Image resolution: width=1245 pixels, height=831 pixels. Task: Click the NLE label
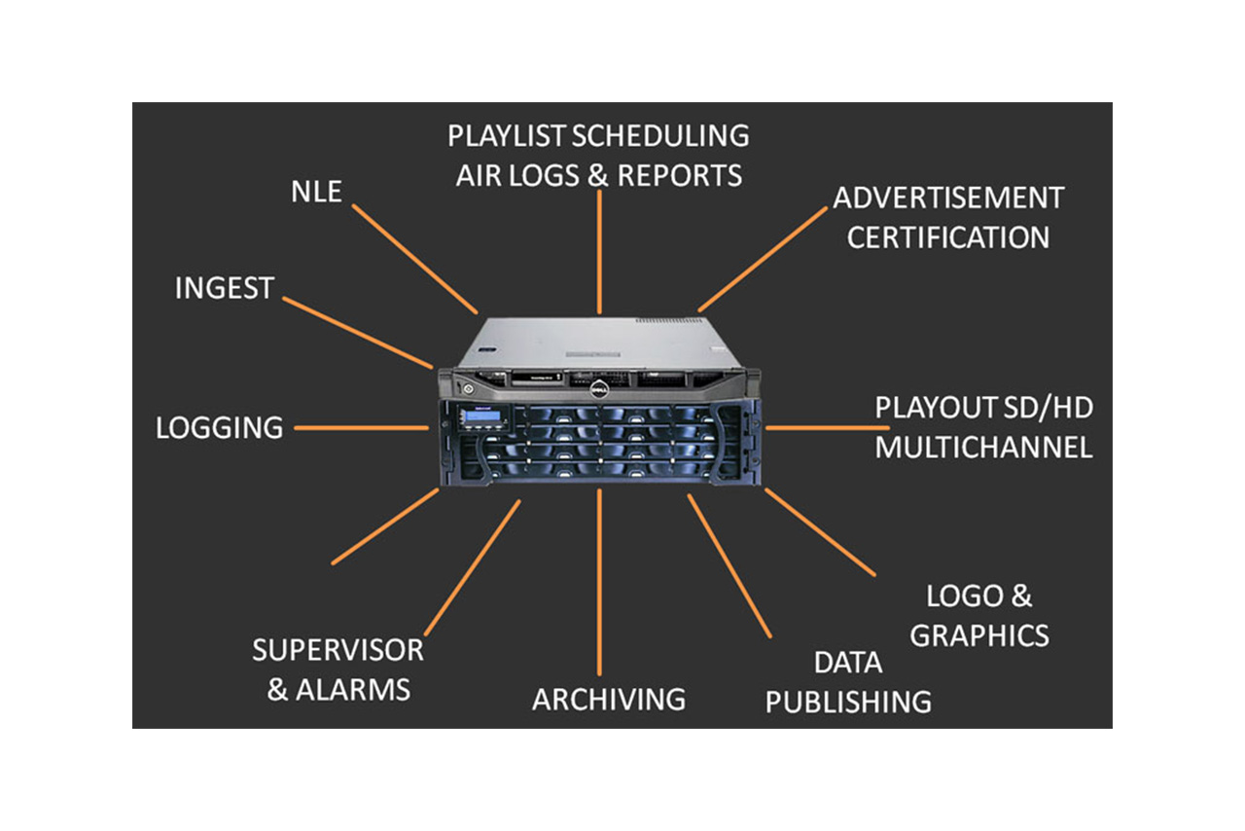click(316, 192)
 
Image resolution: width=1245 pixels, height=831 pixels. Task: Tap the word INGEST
click(225, 288)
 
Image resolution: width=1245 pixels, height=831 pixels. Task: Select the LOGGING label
click(220, 428)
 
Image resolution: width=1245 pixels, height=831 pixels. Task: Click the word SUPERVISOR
click(338, 650)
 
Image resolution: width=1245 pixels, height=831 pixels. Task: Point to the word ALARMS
click(353, 690)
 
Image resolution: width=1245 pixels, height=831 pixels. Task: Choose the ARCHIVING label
click(609, 700)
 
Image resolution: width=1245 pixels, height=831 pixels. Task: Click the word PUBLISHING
click(849, 702)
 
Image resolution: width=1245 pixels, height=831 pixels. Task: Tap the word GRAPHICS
click(979, 635)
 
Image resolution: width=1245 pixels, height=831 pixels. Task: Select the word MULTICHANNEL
click(983, 448)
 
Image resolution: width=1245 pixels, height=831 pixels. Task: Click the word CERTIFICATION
click(948, 237)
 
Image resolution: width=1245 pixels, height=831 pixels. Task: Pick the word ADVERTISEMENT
click(948, 198)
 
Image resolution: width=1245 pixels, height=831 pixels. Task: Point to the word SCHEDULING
click(660, 135)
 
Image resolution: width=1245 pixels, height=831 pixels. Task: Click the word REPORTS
click(679, 175)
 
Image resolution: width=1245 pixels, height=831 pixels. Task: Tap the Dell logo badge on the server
click(599, 389)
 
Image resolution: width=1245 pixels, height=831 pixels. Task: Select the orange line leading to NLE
click(414, 259)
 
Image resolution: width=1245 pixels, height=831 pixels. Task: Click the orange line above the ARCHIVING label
click(599, 582)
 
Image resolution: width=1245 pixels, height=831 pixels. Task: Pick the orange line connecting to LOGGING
click(361, 428)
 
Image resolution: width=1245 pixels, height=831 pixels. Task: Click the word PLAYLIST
click(507, 135)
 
